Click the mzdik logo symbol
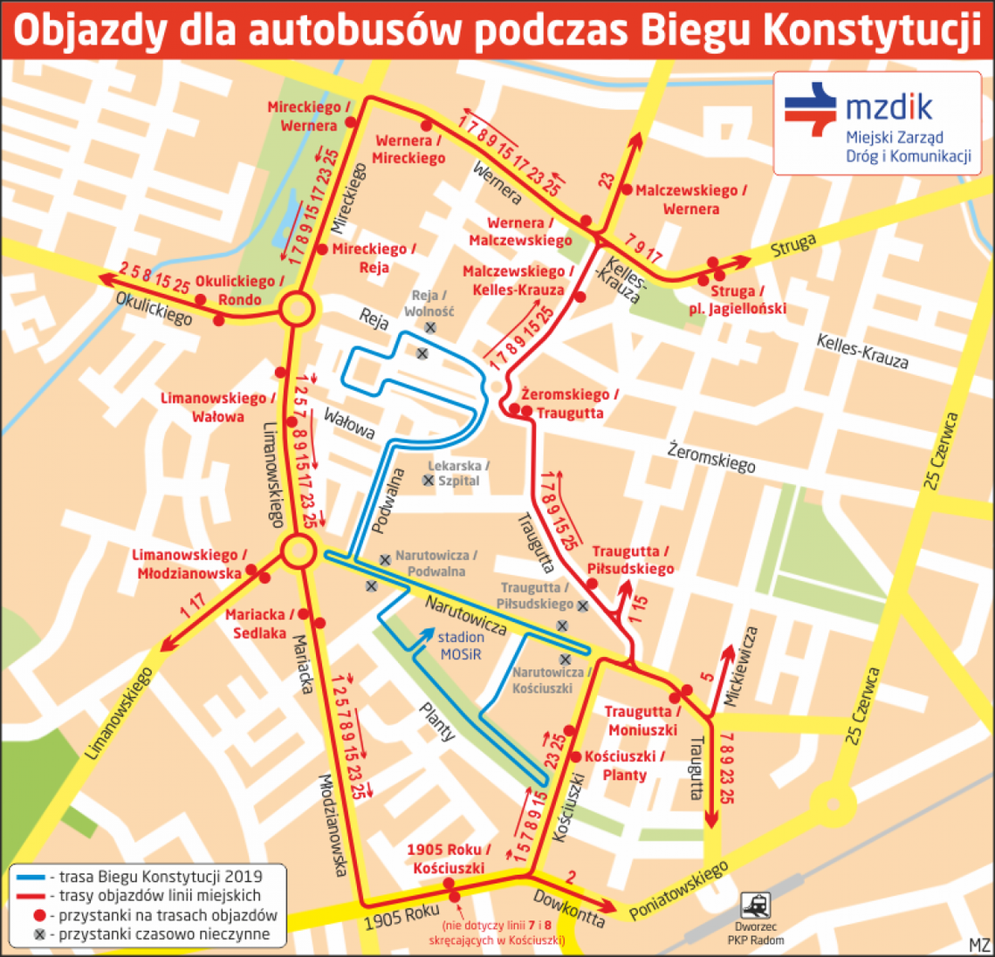811,109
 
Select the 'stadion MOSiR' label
461,646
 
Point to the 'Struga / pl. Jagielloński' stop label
737,299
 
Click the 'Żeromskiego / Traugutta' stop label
570,404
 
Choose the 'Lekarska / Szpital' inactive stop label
458,473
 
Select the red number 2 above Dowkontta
571,877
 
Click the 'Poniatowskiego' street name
679,891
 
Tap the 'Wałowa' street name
349,423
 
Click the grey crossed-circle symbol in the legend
38,934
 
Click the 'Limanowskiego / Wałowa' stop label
217,407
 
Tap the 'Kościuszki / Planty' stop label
624,765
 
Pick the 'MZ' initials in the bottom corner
979,945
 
